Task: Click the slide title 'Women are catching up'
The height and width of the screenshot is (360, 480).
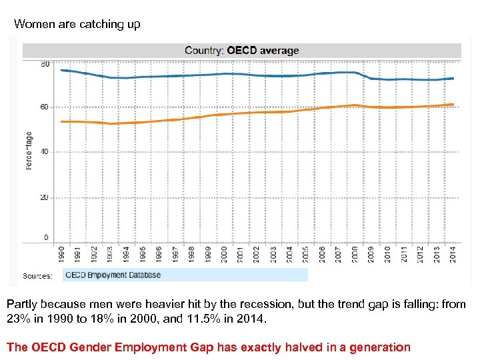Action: click(77, 25)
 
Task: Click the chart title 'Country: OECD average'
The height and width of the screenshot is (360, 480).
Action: click(241, 50)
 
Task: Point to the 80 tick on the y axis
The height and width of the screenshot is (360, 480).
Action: click(45, 64)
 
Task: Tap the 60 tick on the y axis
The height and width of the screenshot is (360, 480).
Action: click(45, 107)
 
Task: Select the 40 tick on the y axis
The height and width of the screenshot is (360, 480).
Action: click(45, 151)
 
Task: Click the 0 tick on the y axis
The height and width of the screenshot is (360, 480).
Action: click(46, 237)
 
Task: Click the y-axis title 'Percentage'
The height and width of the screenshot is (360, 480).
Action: click(29, 151)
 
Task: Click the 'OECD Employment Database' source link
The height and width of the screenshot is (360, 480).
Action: click(113, 275)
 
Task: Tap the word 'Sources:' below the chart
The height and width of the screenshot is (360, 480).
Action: click(37, 275)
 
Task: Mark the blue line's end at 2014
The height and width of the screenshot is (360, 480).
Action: click(453, 78)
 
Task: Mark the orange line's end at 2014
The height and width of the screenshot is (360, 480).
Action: click(453, 105)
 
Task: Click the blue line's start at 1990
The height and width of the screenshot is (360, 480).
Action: click(61, 70)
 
